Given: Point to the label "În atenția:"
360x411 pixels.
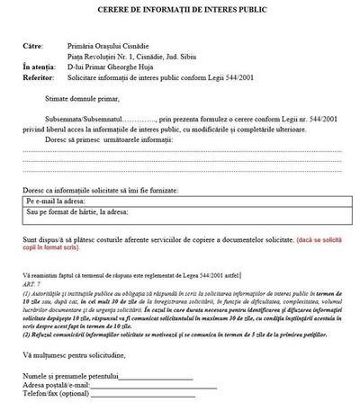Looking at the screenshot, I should point(42,66).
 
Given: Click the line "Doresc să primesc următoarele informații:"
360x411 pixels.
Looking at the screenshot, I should point(105,138).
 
